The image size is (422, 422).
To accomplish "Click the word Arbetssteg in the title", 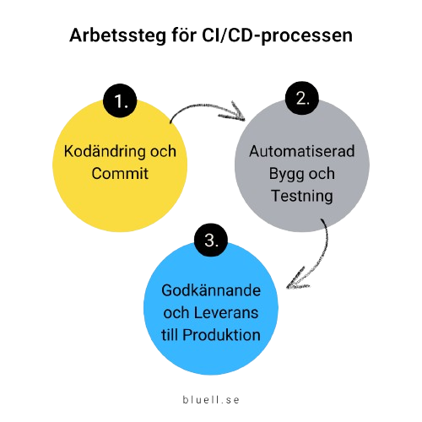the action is [118, 36].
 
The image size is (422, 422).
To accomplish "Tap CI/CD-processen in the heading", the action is [277, 35].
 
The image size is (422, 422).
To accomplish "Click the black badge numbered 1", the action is [120, 100].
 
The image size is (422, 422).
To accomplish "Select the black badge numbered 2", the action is [302, 98].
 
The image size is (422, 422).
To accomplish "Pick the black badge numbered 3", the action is [211, 240].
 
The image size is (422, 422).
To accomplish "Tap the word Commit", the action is [120, 173].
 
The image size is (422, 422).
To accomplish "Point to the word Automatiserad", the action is [302, 151].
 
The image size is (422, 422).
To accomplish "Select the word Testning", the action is [302, 196].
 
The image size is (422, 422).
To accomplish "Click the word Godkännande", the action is [211, 290].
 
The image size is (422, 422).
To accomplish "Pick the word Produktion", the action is [221, 335].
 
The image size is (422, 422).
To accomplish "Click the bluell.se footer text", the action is [211, 400].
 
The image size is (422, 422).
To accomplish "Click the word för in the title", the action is [184, 35].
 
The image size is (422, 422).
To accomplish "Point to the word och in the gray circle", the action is [322, 174].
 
